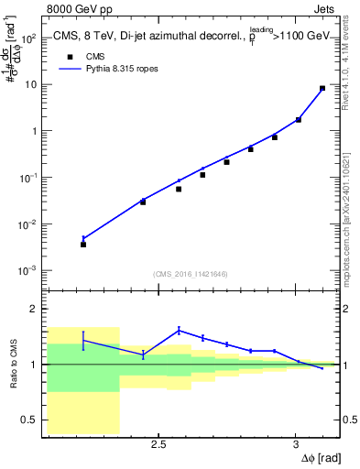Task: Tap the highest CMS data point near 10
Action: pyautogui.click(x=322, y=89)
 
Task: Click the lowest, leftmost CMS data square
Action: pyautogui.click(x=83, y=245)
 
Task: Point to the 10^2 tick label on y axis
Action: pyautogui.click(x=29, y=38)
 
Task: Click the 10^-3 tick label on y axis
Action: pyautogui.click(x=29, y=271)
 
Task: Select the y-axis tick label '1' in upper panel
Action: pyautogui.click(x=34, y=131)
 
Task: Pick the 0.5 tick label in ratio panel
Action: pyautogui.click(x=29, y=420)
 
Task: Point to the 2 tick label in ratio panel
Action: pyautogui.click(x=34, y=309)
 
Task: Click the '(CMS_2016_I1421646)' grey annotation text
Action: pyautogui.click(x=191, y=274)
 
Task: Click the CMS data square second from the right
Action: pyautogui.click(x=299, y=119)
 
